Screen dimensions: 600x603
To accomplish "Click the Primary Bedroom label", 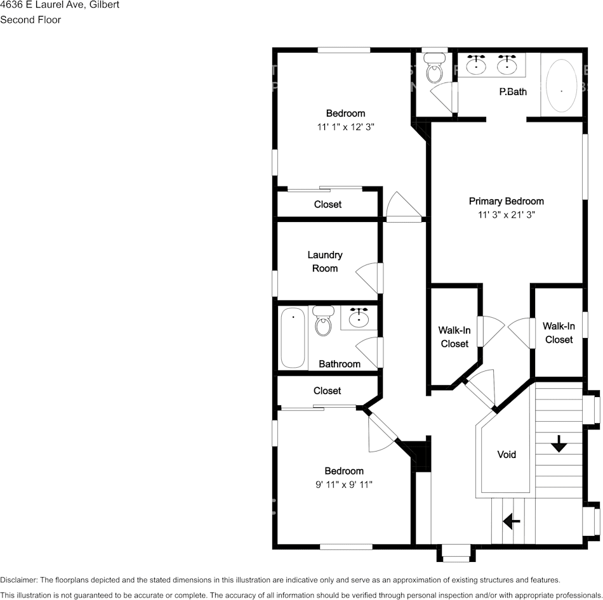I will click(x=506, y=201).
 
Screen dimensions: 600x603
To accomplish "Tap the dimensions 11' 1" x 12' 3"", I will click(x=346, y=127).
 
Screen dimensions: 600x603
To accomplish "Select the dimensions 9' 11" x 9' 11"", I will click(x=344, y=485).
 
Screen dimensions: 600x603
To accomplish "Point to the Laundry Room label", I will click(x=325, y=261).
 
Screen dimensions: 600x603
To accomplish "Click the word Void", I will click(x=507, y=454).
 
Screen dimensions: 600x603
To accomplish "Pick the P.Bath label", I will click(x=513, y=91).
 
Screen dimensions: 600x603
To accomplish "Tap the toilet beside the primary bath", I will click(x=435, y=69).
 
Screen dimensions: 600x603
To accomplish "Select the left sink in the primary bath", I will click(x=477, y=64).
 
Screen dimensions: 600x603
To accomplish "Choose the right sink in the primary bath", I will click(x=507, y=64).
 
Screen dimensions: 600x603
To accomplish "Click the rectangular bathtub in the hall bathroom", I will click(x=293, y=337).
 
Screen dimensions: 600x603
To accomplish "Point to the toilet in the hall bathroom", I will click(x=324, y=322).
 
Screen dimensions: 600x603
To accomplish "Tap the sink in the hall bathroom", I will click(x=360, y=316).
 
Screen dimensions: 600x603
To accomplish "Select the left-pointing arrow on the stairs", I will click(x=512, y=521).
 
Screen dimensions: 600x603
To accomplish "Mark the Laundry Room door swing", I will click(x=368, y=277).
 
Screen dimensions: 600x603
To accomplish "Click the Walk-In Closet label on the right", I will click(x=559, y=333).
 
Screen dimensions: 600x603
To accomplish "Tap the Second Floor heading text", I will click(x=30, y=20).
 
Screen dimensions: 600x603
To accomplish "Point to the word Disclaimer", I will click(x=18, y=580).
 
